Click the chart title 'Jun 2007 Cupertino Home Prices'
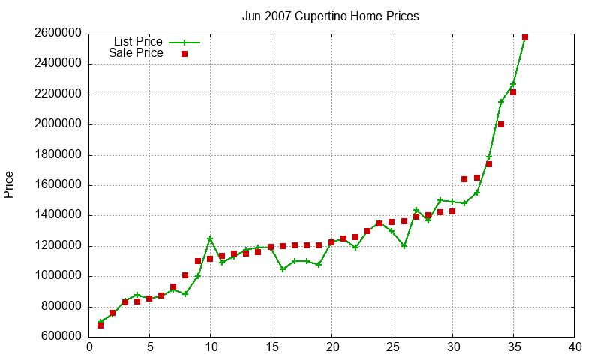330,16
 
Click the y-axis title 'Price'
9,184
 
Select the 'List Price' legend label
138,42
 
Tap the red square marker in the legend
184,54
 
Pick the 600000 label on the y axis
58,337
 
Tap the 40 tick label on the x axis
574,347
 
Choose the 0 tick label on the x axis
89,347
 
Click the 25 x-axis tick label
392,347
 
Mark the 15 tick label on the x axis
271,347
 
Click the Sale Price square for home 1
100,325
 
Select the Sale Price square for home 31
464,179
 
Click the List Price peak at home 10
210,238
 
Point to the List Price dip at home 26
404,245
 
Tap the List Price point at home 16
283,269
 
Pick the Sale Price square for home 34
501,124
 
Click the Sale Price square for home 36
525,37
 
